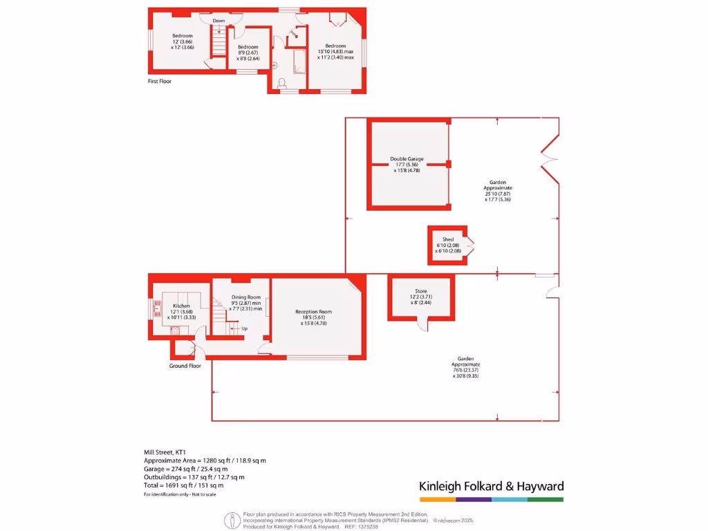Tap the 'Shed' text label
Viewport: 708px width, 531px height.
[x=447, y=239]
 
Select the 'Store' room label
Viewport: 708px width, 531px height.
[x=421, y=291]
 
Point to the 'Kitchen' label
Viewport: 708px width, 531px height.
[x=181, y=306]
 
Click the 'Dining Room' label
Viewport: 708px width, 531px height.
[x=245, y=298]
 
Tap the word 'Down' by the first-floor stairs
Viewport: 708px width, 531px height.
[x=218, y=21]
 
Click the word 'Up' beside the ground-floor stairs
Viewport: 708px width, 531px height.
[x=244, y=328]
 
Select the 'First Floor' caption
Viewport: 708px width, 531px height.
[x=160, y=82]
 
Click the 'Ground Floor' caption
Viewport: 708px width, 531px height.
[x=185, y=366]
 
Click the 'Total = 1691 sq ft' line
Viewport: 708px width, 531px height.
[x=183, y=485]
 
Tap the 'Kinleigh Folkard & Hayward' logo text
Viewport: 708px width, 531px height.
[x=491, y=486]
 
